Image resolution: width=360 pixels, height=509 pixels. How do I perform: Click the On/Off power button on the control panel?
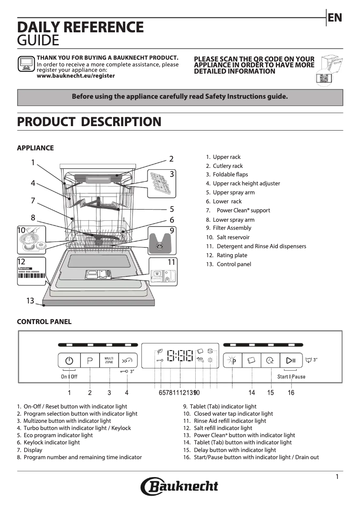pos(69,360)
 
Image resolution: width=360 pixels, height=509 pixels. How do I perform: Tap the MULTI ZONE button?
pos(109,360)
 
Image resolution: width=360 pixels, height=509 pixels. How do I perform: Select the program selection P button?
pos(90,360)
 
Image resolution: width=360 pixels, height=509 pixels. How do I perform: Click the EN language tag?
pos(335,18)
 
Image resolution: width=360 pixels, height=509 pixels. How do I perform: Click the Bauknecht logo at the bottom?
pos(180,487)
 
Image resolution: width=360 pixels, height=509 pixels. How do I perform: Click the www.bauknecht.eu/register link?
pos(75,76)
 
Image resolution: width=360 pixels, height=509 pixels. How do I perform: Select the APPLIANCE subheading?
pos(35,148)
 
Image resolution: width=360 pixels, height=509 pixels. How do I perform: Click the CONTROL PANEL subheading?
pos(44,321)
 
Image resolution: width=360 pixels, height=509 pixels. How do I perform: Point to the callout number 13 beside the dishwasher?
pos(30,301)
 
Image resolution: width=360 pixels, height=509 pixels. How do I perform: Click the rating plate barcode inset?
pos(32,271)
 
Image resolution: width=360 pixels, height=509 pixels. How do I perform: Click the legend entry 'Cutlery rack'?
pos(228,166)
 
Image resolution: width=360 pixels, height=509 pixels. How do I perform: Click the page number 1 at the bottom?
pos(337,477)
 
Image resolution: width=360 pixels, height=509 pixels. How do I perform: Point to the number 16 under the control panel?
pos(291,393)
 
